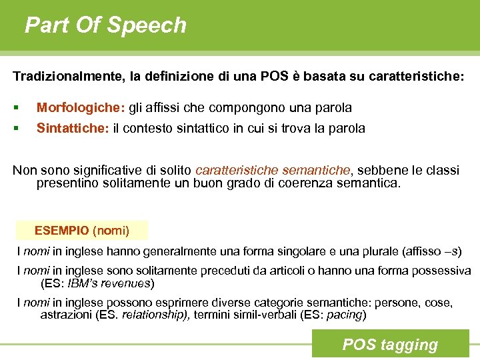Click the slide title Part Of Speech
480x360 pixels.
(105, 25)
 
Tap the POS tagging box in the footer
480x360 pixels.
(390, 345)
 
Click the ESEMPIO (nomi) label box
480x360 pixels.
(82, 231)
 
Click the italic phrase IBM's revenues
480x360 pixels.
(109, 283)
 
